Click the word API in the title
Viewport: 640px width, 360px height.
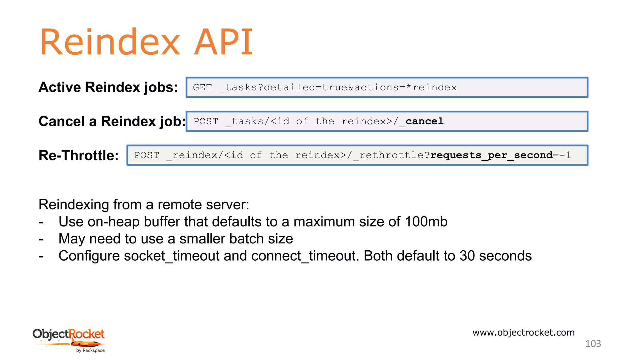pyautogui.click(x=223, y=42)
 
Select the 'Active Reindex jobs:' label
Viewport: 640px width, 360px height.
pyautogui.click(x=108, y=87)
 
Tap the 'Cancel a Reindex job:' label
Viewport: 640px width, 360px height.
pyautogui.click(x=112, y=121)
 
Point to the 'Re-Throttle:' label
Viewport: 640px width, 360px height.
pyautogui.click(x=78, y=155)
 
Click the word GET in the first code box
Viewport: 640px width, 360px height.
pyautogui.click(x=202, y=87)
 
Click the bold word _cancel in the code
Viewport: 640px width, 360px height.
pyautogui.click(x=422, y=121)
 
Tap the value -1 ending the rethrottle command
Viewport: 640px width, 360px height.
pyautogui.click(x=565, y=155)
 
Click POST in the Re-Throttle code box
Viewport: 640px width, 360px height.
pyautogui.click(x=147, y=155)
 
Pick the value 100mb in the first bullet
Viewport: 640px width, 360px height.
pyautogui.click(x=426, y=222)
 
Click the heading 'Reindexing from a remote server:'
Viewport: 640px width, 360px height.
pyautogui.click(x=144, y=205)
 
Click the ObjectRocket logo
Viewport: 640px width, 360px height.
pyautogui.click(x=69, y=340)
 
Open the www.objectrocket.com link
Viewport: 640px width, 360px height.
pyautogui.click(x=523, y=332)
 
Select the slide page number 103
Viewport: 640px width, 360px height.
pyautogui.click(x=593, y=344)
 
